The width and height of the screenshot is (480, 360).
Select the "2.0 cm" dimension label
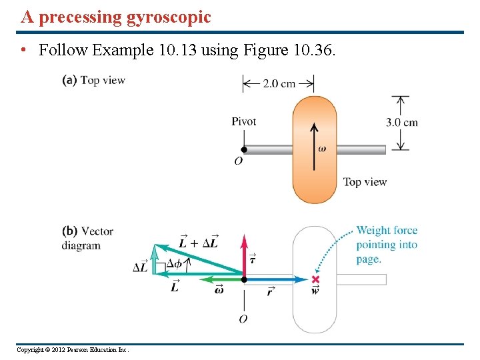tap(279, 83)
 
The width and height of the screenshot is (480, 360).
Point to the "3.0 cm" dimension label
tap(402, 122)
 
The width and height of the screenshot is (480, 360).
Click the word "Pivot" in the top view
tap(243, 121)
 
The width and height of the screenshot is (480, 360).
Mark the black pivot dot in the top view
tap(244, 149)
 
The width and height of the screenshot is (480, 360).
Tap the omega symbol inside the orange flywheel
tap(322, 149)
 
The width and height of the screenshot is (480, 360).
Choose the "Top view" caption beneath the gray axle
tap(365, 182)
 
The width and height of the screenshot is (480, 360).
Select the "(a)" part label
tap(69, 80)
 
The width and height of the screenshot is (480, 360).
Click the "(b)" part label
tap(70, 231)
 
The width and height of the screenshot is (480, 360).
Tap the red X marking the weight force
tap(315, 279)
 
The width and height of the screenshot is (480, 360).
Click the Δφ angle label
tap(174, 263)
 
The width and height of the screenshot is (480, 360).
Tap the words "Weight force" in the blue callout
tap(387, 231)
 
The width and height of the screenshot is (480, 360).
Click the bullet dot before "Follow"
tap(23, 51)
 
